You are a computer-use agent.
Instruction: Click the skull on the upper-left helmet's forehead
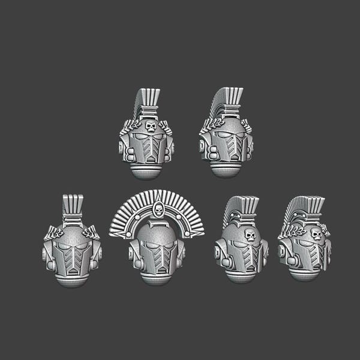point(149,127)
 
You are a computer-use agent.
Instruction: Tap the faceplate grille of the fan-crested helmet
point(158,259)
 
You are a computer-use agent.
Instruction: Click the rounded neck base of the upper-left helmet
point(149,170)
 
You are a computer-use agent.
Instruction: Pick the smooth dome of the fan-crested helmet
point(158,231)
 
